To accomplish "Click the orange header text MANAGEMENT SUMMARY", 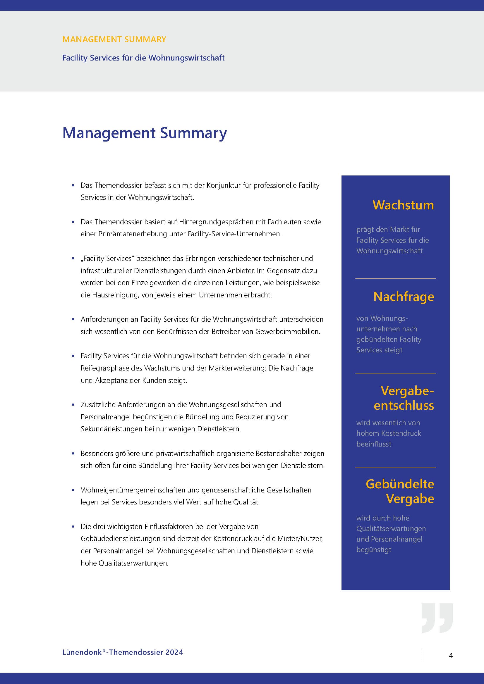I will [x=114, y=39].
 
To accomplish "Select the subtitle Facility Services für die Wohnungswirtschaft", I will [x=143, y=58].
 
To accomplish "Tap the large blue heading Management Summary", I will [x=145, y=133].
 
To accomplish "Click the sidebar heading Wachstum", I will [x=403, y=205].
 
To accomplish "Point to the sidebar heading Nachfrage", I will [x=404, y=297].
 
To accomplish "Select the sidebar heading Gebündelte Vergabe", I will [x=400, y=491].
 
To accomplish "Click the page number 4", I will [x=451, y=655].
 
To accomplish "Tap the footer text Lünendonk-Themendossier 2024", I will [x=123, y=652].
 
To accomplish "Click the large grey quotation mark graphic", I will [x=437, y=618].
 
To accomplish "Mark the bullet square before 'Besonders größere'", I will [x=73, y=454].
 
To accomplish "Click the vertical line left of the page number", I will [x=422, y=655].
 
